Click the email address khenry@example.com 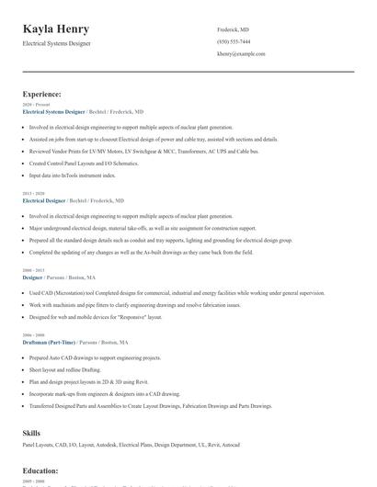(241, 54)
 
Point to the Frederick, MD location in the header (233, 30)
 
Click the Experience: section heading (42, 94)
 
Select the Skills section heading (31, 431)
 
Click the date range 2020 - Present (33, 105)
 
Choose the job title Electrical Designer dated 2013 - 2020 (43, 200)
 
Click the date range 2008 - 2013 (32, 270)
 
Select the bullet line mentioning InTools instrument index (73, 174)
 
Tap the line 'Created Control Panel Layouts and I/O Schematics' (84, 162)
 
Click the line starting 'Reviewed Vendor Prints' (143, 150)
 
